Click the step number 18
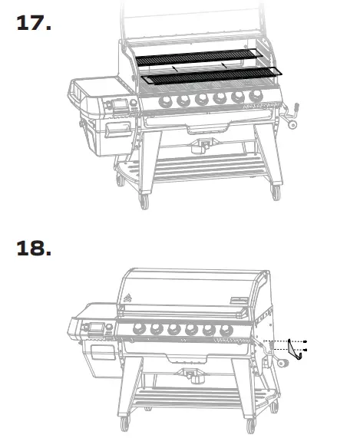click(x=35, y=249)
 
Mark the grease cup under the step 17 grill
click(x=204, y=145)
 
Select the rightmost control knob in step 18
click(x=226, y=330)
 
